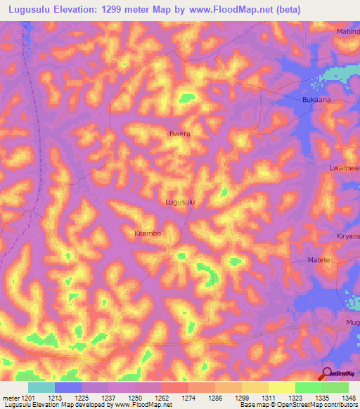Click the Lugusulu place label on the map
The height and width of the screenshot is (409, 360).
179,202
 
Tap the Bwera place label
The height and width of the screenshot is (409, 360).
180,133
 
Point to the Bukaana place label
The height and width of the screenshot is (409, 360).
306,100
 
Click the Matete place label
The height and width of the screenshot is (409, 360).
319,260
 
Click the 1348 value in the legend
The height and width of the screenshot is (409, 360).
340,397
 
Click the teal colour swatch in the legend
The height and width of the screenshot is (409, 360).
41,387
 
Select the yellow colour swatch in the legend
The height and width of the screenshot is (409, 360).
282,387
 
